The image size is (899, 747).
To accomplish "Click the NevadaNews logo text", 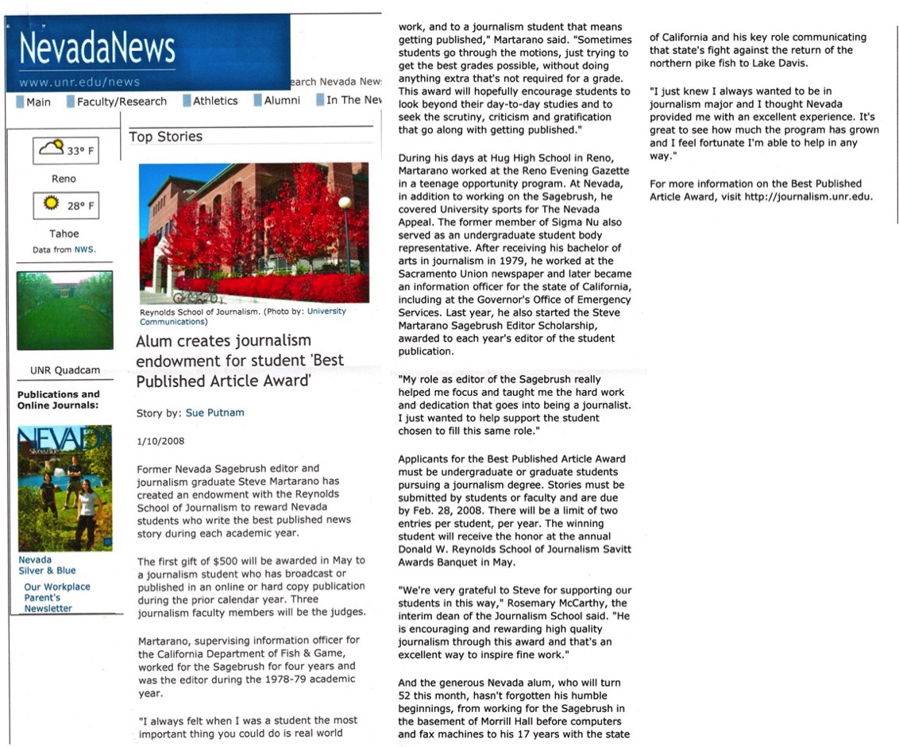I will tap(97, 49).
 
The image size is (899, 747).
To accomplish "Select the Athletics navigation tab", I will tap(214, 101).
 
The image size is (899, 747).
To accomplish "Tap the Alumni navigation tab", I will tap(282, 101).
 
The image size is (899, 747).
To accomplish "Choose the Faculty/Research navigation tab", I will tap(122, 102).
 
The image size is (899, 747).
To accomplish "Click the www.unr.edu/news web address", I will tap(79, 82).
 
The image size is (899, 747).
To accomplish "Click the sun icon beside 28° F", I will tap(52, 204).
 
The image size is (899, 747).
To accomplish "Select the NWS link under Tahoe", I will tap(83, 250).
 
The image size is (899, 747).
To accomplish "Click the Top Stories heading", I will tap(165, 137).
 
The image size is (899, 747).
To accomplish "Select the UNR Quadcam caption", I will tap(64, 370).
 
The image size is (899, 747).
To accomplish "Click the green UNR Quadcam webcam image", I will tap(64, 310).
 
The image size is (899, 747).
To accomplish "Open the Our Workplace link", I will tap(57, 586).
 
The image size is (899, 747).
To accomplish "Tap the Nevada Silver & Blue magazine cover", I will tap(64, 489).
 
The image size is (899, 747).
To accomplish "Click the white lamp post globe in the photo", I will tap(345, 203).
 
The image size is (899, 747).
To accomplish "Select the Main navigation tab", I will tap(37, 102).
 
